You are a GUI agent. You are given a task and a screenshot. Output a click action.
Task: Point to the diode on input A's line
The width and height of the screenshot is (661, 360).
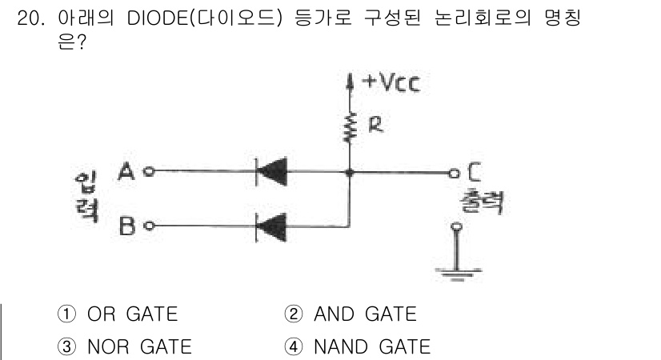point(271,171)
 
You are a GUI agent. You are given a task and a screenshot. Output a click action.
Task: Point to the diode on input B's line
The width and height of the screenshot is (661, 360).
point(271,226)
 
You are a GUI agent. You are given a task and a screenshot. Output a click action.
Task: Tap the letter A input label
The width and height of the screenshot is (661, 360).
point(126,171)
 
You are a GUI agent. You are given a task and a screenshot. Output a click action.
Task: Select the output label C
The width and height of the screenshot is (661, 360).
point(474,170)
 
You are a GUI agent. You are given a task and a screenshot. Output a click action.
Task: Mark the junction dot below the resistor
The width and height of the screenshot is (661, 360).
point(349,171)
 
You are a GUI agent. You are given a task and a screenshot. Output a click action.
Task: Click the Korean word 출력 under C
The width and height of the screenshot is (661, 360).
point(479,201)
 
